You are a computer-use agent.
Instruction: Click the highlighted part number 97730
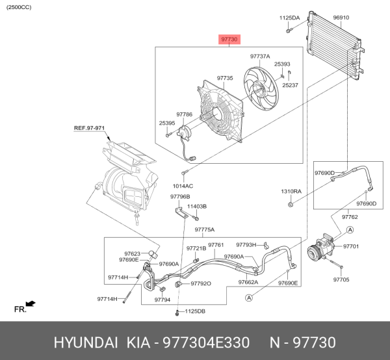coord(230,40)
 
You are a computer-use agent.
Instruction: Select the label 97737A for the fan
coord(260,56)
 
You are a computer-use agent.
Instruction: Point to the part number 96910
coord(341,18)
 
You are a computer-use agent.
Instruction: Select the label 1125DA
coord(290,18)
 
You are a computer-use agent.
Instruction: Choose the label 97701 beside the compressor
coord(350,246)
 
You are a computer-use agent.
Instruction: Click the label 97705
coord(341,279)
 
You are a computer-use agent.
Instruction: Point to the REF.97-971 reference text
coord(89,128)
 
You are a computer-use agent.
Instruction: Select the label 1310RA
coord(291,192)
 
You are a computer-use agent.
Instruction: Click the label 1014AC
coord(183,186)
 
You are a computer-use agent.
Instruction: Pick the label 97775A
coord(205,229)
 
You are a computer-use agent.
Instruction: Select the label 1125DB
coord(194,311)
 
